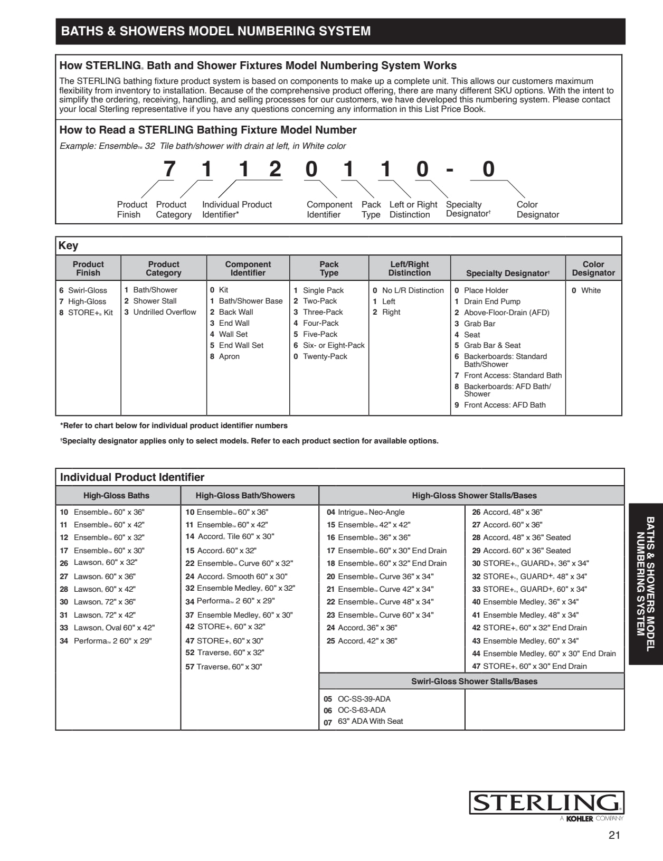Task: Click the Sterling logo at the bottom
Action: (546, 803)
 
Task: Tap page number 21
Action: (614, 835)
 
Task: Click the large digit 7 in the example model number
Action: (169, 169)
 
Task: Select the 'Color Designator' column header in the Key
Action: (593, 268)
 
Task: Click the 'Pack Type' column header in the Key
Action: (329, 268)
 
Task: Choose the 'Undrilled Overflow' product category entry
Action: (164, 312)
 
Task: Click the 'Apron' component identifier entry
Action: (229, 356)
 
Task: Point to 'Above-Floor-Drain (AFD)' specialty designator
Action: (506, 313)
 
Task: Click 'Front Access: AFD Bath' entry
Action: (505, 405)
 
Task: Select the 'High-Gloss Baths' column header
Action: (116, 496)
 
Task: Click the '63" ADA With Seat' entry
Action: (370, 721)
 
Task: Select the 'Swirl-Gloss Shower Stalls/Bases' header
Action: (474, 682)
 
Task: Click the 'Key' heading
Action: (68, 245)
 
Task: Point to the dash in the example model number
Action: (450, 170)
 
